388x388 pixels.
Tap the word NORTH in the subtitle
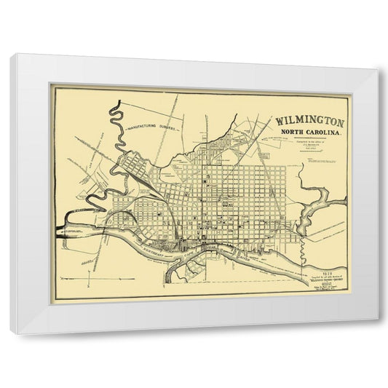[x=289, y=133]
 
